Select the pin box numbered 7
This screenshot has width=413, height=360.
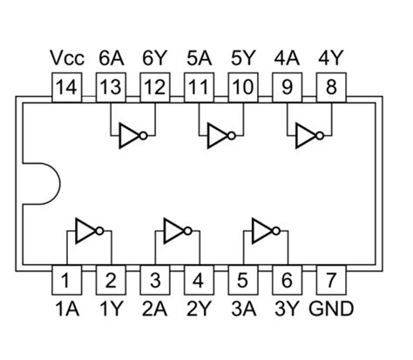tap(331, 281)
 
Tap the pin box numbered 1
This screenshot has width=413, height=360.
tap(67, 281)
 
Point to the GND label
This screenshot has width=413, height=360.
tap(332, 308)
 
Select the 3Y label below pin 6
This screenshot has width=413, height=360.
tap(288, 308)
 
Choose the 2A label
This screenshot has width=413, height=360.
tap(155, 308)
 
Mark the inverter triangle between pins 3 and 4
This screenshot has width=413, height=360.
tap(175, 231)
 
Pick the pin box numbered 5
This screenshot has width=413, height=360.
tap(243, 281)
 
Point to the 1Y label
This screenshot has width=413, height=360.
tap(112, 308)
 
